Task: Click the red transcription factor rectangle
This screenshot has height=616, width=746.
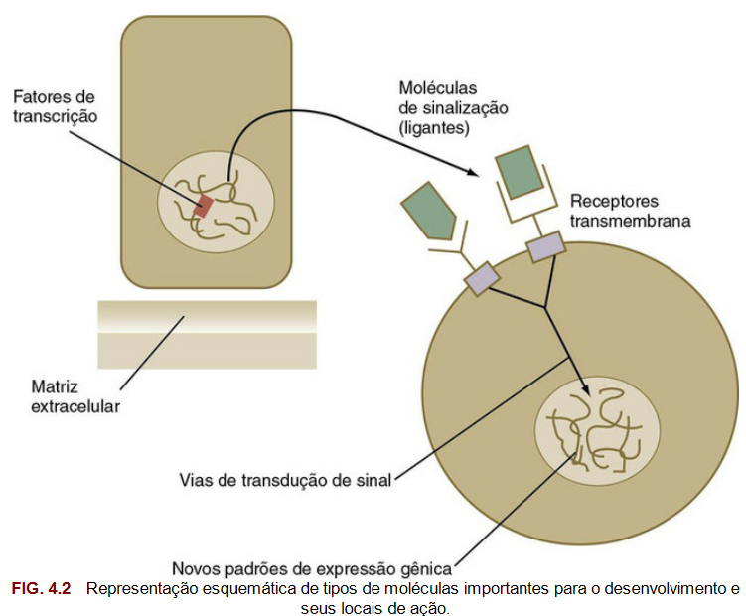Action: click(x=204, y=206)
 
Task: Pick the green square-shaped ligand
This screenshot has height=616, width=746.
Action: click(x=521, y=171)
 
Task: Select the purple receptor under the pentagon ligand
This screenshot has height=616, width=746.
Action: click(x=482, y=277)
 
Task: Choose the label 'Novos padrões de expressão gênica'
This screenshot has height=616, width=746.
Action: click(x=312, y=568)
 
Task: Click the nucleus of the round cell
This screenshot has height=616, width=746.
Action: click(x=596, y=430)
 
